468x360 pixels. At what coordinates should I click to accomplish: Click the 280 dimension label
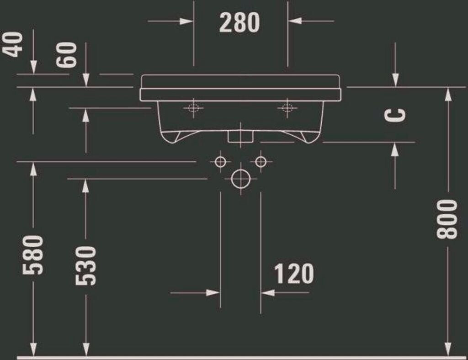tap(239, 22)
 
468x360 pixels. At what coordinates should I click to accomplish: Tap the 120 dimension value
tap(294, 274)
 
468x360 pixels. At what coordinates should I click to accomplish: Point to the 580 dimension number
tap(33, 254)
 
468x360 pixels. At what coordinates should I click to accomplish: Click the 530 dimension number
tap(86, 265)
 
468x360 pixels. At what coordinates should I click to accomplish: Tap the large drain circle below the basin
tap(240, 179)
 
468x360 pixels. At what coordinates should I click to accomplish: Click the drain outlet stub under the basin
tap(239, 135)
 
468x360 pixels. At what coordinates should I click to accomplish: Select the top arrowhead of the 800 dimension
tap(448, 94)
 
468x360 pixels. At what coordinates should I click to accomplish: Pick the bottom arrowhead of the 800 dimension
tap(448, 348)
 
